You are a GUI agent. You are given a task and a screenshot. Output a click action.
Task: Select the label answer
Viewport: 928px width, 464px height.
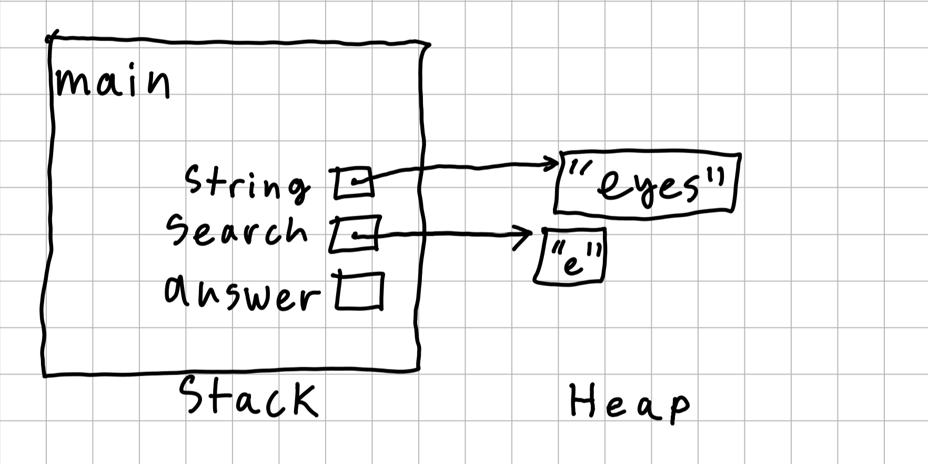point(242,292)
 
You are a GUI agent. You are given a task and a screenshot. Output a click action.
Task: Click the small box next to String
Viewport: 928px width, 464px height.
point(354,183)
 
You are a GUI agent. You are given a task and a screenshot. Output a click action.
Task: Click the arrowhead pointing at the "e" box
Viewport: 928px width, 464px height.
point(526,236)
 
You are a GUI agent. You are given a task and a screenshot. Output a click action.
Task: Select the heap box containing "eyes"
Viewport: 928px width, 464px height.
point(647,183)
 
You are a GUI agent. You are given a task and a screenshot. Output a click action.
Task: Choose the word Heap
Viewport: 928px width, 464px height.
point(629,402)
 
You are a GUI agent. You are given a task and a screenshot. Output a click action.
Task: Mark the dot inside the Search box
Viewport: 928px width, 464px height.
point(356,235)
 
